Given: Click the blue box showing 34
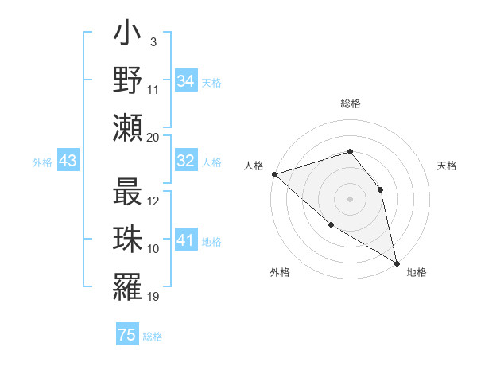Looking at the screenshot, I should (186, 80).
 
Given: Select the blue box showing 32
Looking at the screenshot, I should (186, 161).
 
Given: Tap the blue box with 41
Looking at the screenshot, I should (186, 240).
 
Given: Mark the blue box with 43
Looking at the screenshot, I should (68, 161).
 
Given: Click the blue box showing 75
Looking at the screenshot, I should (127, 335).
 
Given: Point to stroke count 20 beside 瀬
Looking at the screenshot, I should (153, 137).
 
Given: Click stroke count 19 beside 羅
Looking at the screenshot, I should (153, 297).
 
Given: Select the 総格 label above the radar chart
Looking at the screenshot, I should (350, 103).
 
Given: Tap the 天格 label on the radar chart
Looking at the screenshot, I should (447, 166).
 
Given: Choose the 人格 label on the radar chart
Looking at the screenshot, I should (254, 166).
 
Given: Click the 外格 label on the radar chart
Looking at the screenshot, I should (280, 272).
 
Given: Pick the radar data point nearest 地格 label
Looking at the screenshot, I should (397, 262).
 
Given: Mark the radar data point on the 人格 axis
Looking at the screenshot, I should (274, 173).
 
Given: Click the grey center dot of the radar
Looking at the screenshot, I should (350, 198).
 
